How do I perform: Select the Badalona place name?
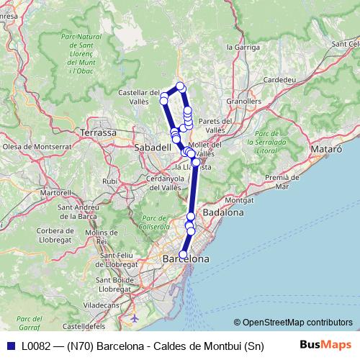point(224,212)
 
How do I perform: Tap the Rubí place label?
point(110,181)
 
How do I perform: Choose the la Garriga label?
point(243,47)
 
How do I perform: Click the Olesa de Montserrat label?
point(31,146)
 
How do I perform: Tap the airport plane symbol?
point(134,318)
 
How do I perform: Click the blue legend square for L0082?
point(9,345)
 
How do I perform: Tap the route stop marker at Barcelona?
point(183,254)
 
